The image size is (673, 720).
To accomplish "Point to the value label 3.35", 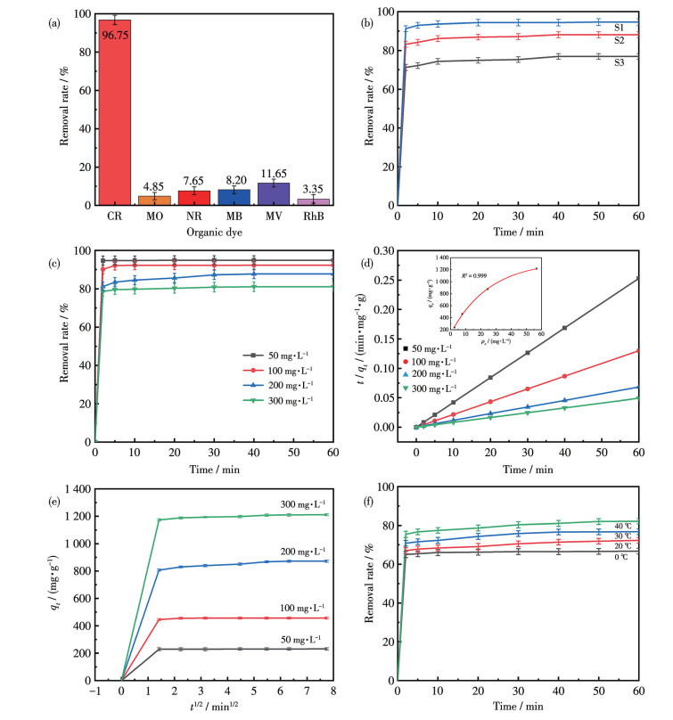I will point(301,189).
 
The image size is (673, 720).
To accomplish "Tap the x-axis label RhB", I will point(301,217).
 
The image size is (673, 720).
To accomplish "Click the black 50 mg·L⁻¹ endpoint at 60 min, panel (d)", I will point(639,279).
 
